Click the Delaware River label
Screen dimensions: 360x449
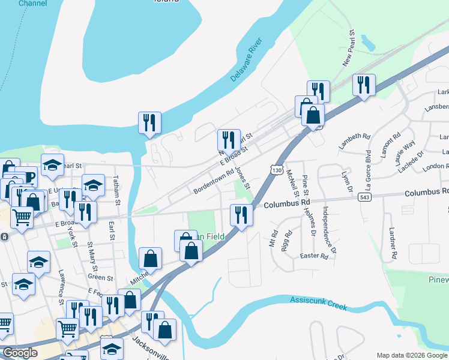[247, 60]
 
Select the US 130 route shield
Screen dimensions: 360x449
[276, 170]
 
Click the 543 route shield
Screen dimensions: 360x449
[364, 197]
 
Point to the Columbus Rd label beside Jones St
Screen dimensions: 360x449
[285, 204]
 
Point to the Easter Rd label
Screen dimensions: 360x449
[314, 256]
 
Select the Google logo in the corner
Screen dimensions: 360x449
[20, 353]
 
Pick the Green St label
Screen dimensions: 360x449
[100, 278]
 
